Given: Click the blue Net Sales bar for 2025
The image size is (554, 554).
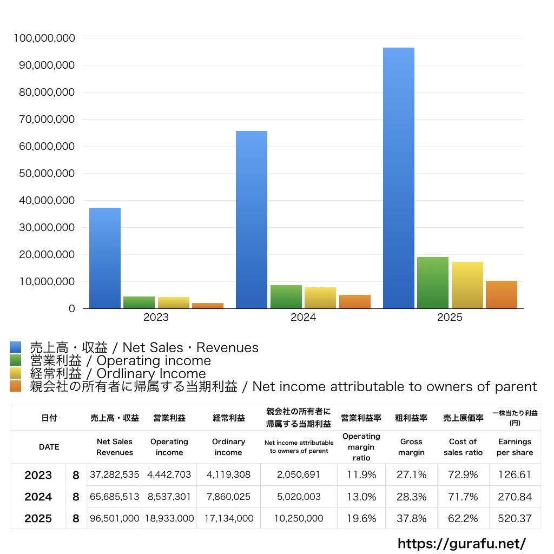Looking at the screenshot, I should tap(399, 179).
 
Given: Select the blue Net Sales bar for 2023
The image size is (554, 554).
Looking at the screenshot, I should tap(105, 258).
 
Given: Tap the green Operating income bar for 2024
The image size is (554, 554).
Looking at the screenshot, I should tap(286, 297).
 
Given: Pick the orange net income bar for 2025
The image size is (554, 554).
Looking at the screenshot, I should tap(502, 295).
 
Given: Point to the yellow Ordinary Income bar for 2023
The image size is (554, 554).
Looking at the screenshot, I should tap(174, 303).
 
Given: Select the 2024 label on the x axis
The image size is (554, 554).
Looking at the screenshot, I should tap(303, 318).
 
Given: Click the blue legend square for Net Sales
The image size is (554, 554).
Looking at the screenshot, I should tap(16, 347).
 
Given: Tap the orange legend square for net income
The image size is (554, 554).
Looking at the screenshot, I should tap(16, 386).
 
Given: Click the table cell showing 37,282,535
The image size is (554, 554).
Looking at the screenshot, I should tap(115, 475).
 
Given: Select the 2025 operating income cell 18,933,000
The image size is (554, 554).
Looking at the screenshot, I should tap(169, 518).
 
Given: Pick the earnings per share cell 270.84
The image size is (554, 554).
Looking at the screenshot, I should tap(515, 497).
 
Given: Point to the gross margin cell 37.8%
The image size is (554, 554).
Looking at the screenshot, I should tap(411, 518).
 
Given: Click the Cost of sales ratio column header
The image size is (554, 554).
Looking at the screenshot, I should tap(463, 447).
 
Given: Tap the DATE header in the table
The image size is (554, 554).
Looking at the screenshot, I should tap(49, 447).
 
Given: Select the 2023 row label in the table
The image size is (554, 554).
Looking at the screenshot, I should tap(38, 475).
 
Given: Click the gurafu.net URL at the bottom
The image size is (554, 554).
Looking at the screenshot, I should tap(461, 543).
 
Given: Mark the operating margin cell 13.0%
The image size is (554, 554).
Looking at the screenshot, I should tap(361, 497).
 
